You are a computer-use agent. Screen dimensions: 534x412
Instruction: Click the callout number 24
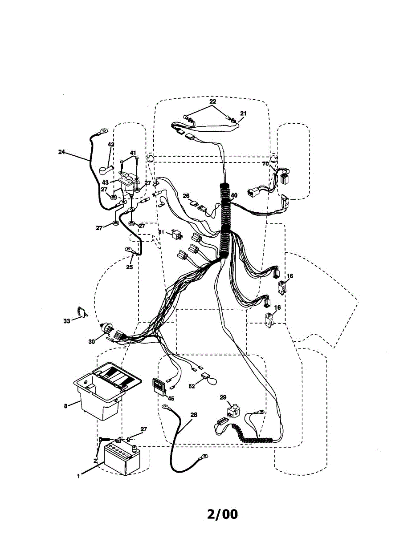pos(61,152)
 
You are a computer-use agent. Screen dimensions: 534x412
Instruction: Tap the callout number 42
pos(111,145)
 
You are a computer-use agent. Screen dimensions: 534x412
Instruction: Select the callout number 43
pos(105,182)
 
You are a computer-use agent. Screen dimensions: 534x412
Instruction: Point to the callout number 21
pos(243,113)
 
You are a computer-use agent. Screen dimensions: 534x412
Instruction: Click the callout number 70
pos(265,164)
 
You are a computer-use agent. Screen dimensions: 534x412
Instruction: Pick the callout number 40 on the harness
pos(234,195)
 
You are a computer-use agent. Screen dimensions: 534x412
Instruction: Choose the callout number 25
pos(130,267)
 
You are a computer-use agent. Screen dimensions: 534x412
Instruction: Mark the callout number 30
pos(92,341)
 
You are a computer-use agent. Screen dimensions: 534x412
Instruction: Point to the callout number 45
pos(171,398)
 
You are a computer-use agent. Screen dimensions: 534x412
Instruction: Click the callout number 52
pos(192,386)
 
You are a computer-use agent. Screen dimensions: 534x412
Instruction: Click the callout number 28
pos(193,415)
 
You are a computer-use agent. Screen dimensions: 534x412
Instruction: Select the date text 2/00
pos(222,514)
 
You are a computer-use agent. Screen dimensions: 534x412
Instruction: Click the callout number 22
pos(213,102)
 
